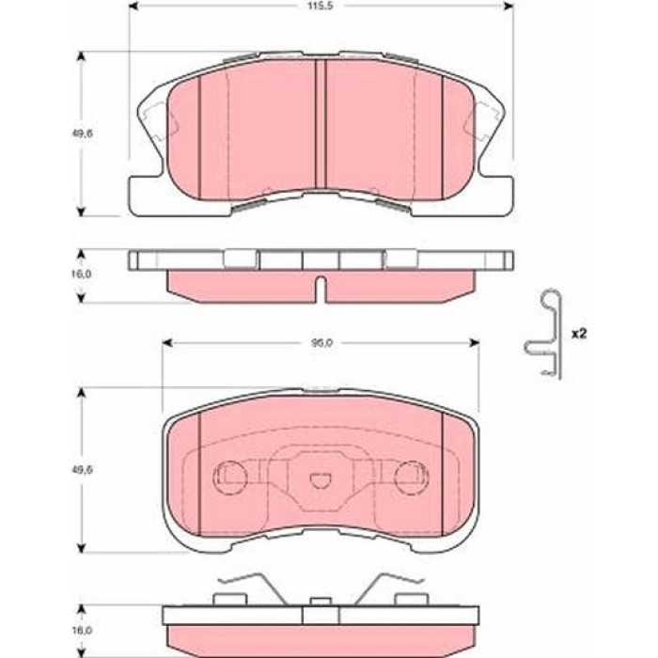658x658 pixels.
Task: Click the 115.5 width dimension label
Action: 321,7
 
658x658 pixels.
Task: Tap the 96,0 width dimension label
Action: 321,343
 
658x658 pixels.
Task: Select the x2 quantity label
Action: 579,334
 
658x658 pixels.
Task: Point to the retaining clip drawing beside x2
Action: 543,335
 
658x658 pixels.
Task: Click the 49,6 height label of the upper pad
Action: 82,133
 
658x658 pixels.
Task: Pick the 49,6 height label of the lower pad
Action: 83,470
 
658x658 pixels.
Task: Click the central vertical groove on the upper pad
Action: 321,124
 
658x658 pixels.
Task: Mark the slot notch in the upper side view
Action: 321,289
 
